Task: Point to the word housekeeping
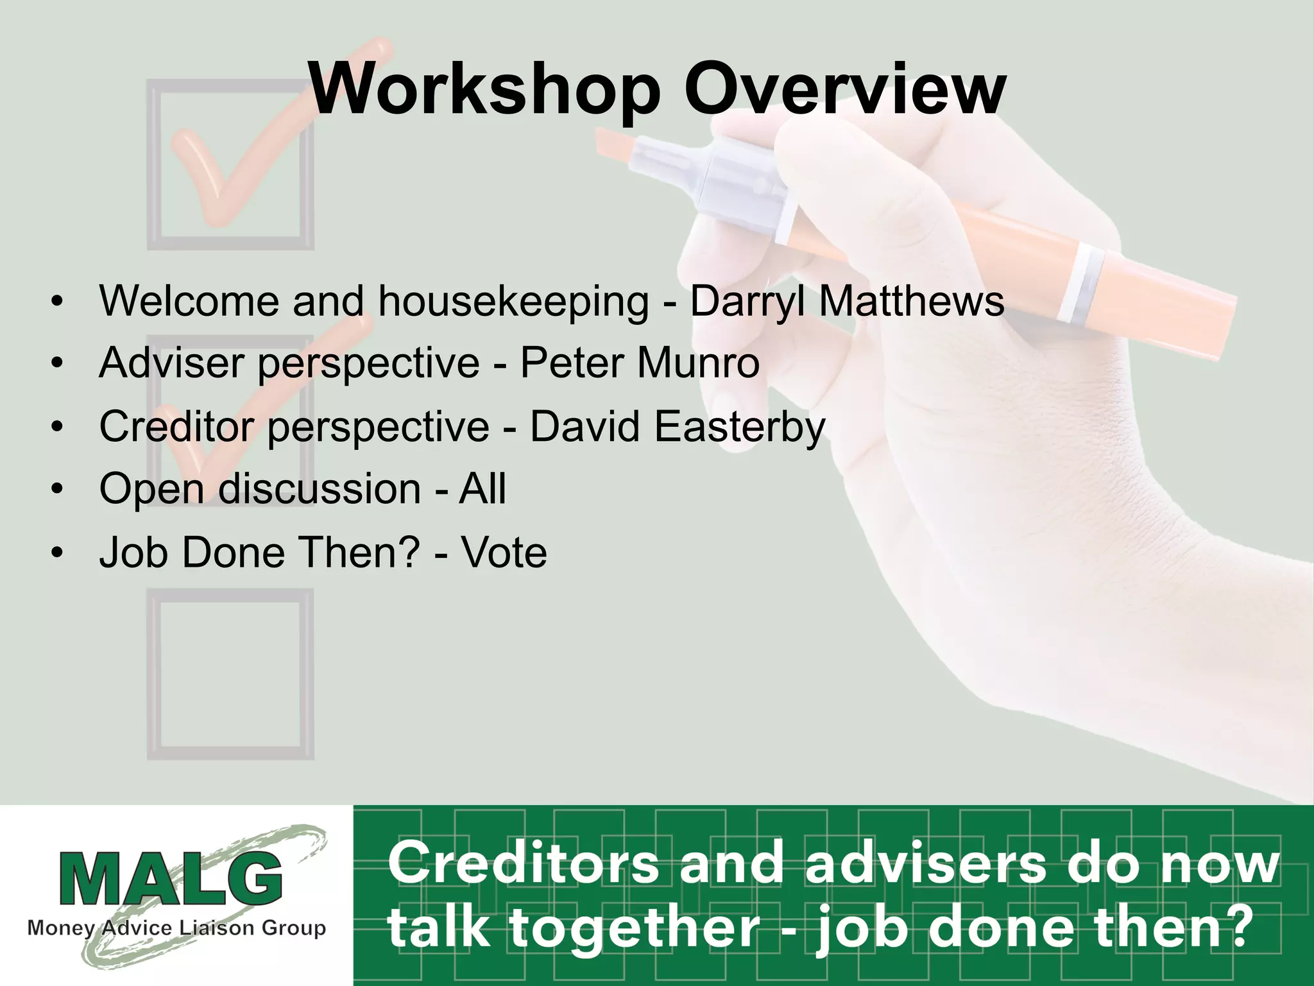pyautogui.click(x=513, y=302)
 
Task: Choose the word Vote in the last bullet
pyautogui.click(x=504, y=552)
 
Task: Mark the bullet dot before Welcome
pyautogui.click(x=58, y=302)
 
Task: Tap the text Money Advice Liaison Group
pyautogui.click(x=176, y=928)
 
